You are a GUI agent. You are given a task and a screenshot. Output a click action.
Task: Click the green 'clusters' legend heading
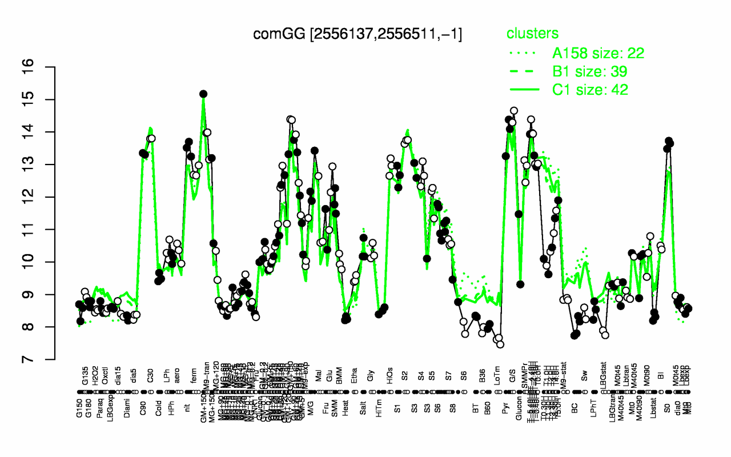pyautogui.click(x=532, y=34)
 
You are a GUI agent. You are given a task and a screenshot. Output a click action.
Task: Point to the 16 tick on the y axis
pyautogui.click(x=46, y=67)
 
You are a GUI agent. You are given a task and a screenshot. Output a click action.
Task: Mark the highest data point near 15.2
pyautogui.click(x=203, y=94)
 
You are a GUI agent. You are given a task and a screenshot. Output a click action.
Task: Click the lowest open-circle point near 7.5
pyautogui.click(x=500, y=344)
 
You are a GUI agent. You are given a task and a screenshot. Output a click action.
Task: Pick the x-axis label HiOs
pyautogui.click(x=390, y=374)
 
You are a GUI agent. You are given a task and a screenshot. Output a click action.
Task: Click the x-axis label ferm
pyautogui.click(x=194, y=374)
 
